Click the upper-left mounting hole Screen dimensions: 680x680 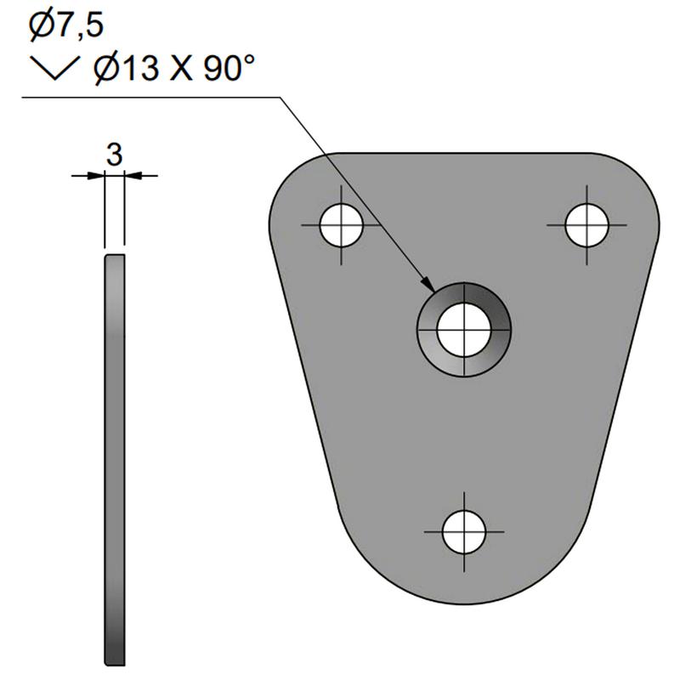click(342, 225)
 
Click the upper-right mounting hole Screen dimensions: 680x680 click(587, 225)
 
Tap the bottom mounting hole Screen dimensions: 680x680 click(464, 532)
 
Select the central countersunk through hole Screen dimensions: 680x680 click(464, 330)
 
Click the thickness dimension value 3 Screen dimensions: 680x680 click(115, 155)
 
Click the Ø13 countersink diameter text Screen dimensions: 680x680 click(126, 69)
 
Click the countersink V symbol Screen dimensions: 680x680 click(55, 68)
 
